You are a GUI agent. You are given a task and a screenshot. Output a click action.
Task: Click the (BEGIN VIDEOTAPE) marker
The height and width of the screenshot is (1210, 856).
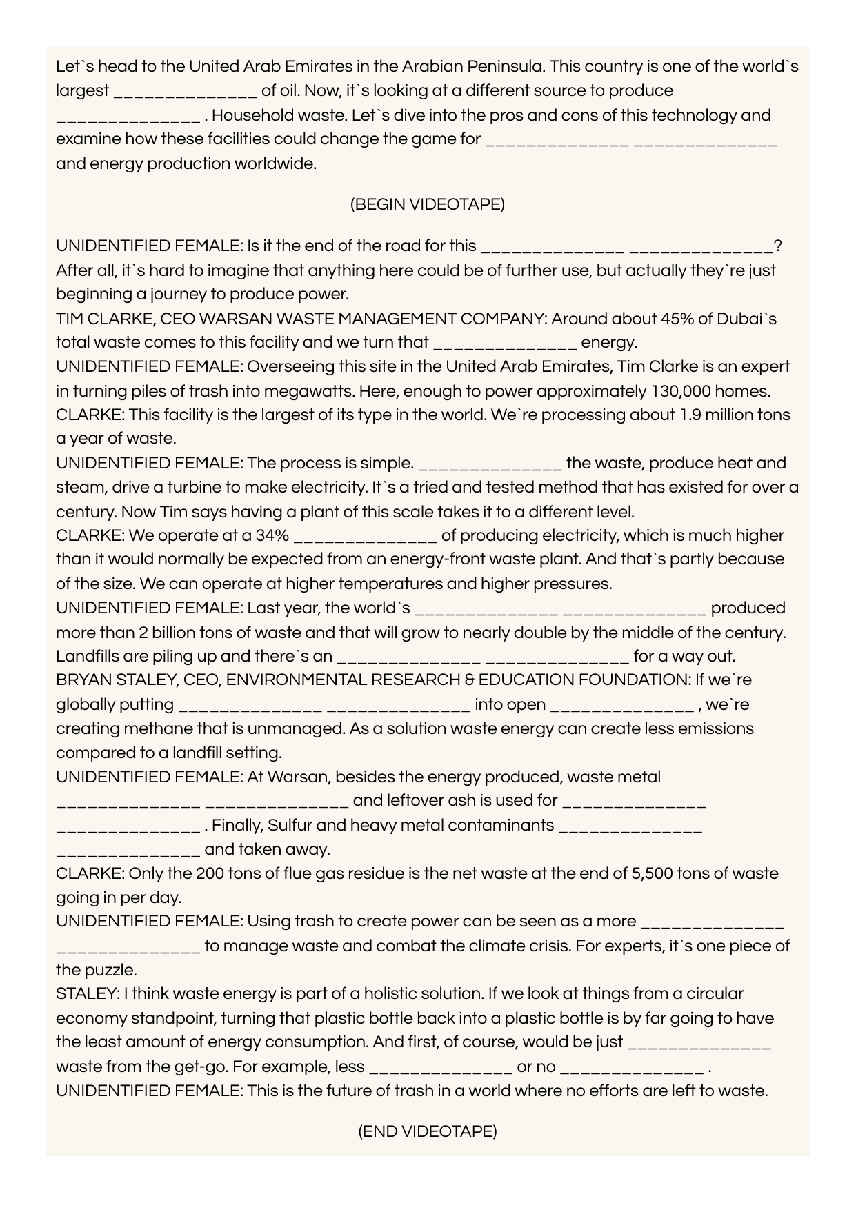click(428, 204)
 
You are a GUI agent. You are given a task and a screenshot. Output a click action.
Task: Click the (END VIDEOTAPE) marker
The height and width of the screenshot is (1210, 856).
click(428, 1131)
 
